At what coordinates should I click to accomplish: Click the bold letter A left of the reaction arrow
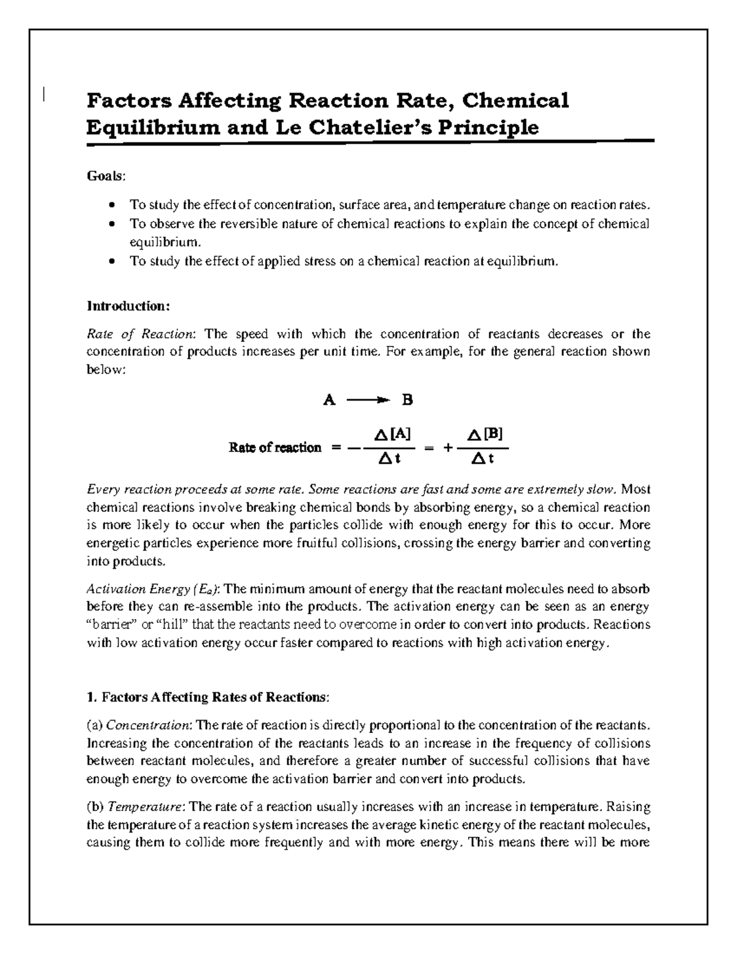(x=329, y=401)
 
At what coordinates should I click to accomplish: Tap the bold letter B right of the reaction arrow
(x=407, y=401)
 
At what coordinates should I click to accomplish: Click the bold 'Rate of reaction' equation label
(x=275, y=448)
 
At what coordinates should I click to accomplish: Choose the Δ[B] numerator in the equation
(x=485, y=435)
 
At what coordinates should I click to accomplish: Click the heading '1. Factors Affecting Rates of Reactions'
(x=208, y=697)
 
